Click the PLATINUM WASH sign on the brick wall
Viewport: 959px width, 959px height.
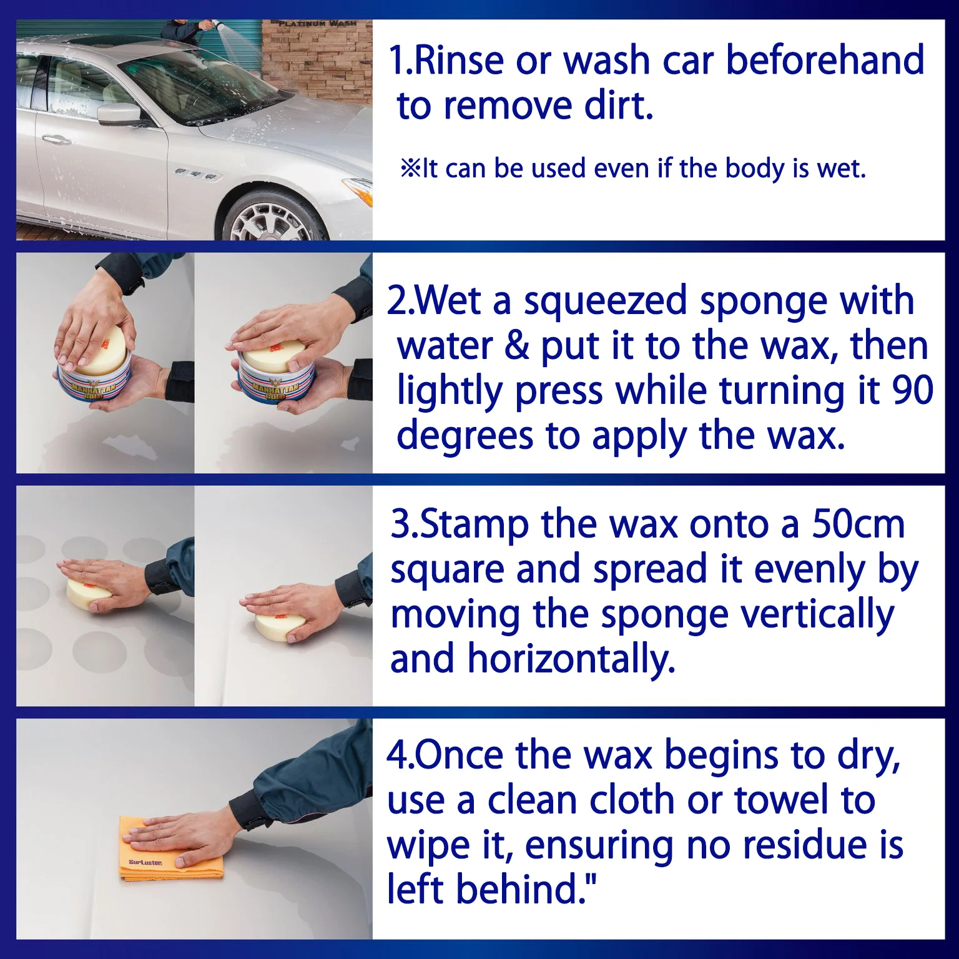coord(317,24)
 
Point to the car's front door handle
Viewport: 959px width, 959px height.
coord(56,139)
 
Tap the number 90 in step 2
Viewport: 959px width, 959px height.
coord(912,390)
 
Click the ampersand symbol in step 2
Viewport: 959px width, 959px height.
coord(516,346)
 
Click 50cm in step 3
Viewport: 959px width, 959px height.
coord(858,524)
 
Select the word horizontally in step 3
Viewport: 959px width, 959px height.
coord(571,659)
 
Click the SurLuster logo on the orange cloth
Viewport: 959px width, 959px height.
coord(145,863)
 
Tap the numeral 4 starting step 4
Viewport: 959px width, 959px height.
coord(397,755)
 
